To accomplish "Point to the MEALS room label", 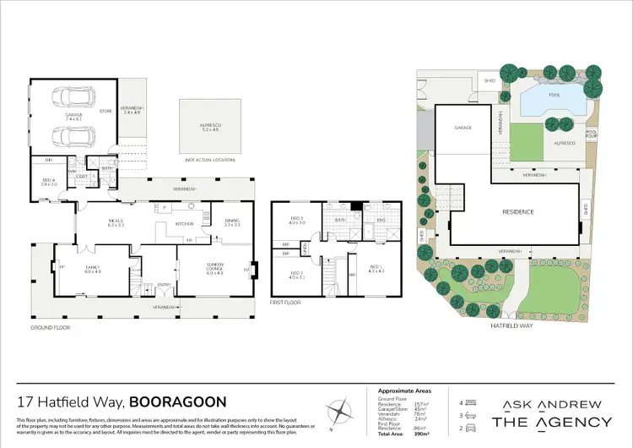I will point(116,222).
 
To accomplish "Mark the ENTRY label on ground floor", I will point(163,285).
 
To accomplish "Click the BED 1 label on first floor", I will point(376,267).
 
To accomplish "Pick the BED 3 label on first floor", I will point(297,220).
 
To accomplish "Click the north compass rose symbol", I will point(340,412).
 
